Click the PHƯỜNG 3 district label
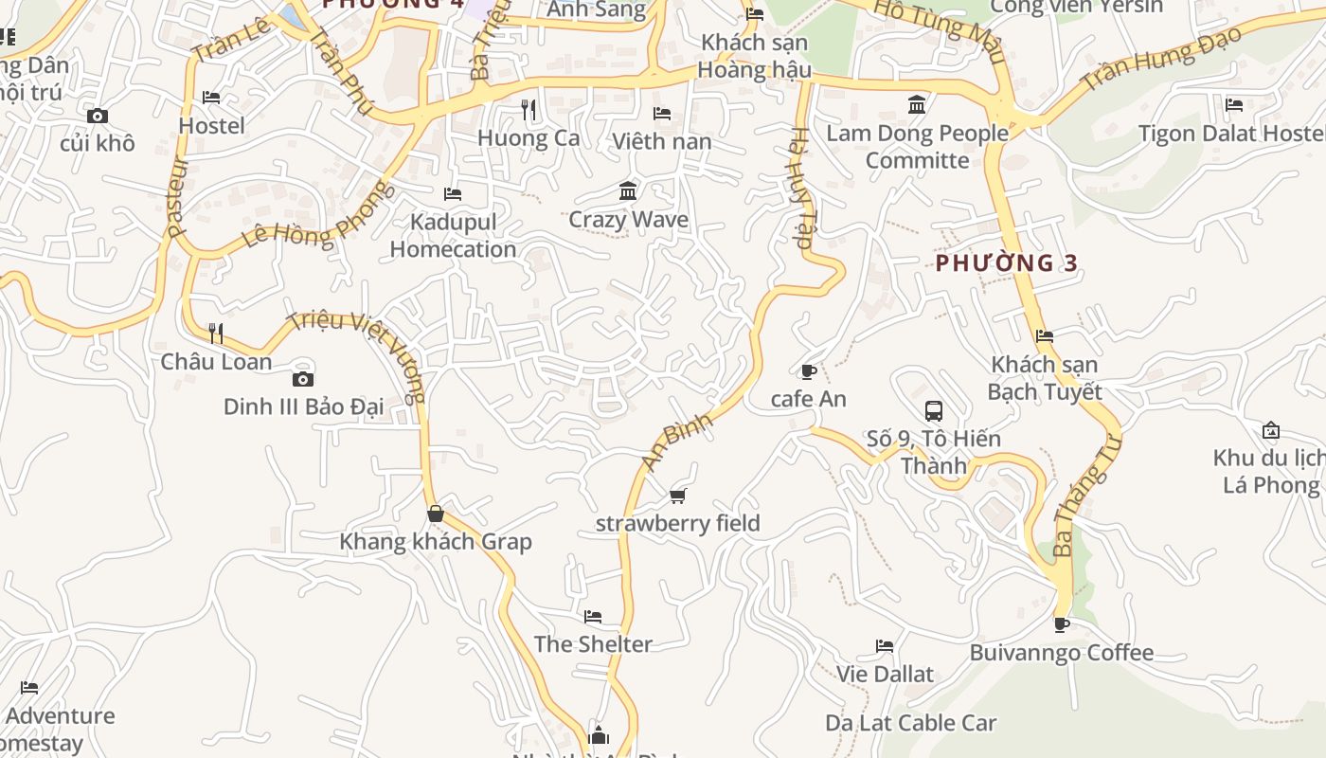coord(1006,263)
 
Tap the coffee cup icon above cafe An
coord(808,371)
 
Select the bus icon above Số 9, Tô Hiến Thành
coord(934,411)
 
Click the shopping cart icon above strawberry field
coord(677,496)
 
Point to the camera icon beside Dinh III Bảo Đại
coord(303,380)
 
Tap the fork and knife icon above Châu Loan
coord(216,334)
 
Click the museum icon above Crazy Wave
coord(627,192)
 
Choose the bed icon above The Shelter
coord(593,617)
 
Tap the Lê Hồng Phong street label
coord(317,216)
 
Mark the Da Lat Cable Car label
coord(911,723)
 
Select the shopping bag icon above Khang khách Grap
coord(436,514)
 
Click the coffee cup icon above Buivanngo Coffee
coord(1061,624)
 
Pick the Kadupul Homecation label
coord(453,235)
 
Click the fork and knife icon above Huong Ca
coord(529,111)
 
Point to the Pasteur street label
coord(177,196)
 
